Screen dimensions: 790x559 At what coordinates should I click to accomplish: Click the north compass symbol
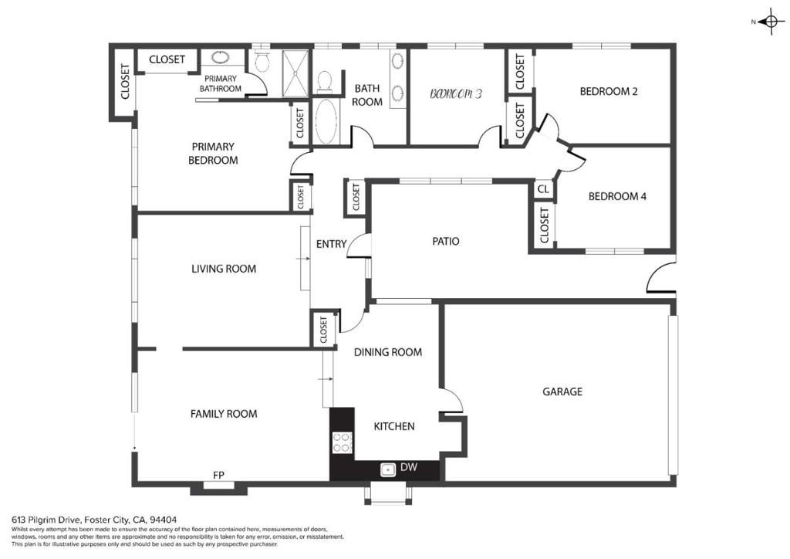click(x=771, y=22)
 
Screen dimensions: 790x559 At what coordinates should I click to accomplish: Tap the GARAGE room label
click(x=562, y=391)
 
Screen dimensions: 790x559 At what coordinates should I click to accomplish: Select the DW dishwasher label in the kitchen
click(x=409, y=467)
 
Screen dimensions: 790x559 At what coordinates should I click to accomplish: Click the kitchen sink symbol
click(x=387, y=469)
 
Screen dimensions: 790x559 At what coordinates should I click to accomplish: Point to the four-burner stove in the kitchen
click(x=342, y=443)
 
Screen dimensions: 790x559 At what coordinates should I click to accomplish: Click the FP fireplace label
click(x=218, y=475)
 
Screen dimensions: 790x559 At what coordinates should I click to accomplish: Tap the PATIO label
click(x=446, y=242)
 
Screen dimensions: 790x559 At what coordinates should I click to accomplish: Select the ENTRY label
click(x=331, y=244)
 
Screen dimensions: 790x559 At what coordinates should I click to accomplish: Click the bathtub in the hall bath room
click(x=326, y=121)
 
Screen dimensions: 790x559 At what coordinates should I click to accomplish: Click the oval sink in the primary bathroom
click(x=220, y=57)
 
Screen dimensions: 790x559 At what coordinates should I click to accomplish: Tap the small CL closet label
click(x=543, y=189)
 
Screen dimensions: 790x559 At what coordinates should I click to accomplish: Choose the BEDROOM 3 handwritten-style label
click(x=457, y=93)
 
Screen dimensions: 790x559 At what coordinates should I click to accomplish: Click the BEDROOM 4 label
click(x=617, y=196)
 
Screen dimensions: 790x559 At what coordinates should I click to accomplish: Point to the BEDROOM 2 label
click(x=609, y=91)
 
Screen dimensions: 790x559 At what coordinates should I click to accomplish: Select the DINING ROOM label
click(x=388, y=352)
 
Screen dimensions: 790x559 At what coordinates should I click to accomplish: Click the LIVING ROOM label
click(x=224, y=269)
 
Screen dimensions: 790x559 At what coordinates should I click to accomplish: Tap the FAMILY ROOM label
click(x=224, y=414)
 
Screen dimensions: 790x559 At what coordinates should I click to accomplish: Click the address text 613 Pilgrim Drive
click(x=46, y=519)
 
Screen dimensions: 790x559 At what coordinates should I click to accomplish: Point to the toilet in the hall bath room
click(x=325, y=82)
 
